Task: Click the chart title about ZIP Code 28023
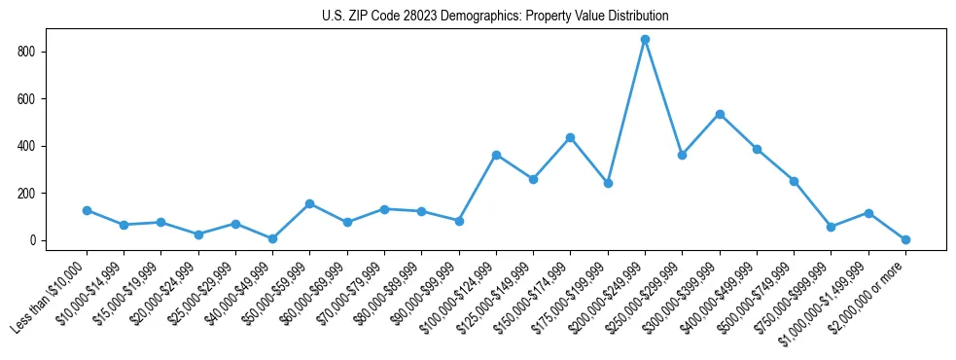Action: point(495,17)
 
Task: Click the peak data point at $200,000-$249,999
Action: point(645,40)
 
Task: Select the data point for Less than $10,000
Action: point(87,210)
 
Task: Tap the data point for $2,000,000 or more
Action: point(905,239)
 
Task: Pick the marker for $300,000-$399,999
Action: point(720,114)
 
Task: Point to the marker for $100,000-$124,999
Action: point(496,155)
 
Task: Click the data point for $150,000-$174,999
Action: point(571,137)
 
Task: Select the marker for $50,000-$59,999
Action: point(309,203)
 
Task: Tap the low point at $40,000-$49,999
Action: point(272,238)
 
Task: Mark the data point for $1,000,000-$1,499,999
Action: point(868,213)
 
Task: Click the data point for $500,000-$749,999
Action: point(794,181)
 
